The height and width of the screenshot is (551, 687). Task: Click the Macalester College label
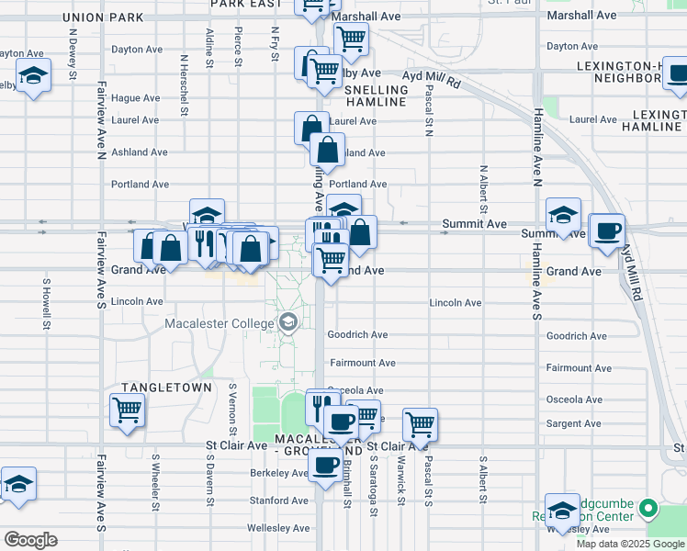click(x=219, y=323)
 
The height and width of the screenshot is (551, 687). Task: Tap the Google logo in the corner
click(x=30, y=540)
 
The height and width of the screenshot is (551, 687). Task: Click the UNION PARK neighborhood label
click(x=104, y=17)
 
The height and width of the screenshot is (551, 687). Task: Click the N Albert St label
click(x=482, y=186)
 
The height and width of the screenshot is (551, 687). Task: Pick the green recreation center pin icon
click(x=648, y=508)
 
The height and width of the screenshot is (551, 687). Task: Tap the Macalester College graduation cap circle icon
click(x=288, y=321)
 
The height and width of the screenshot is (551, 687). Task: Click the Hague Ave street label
click(x=136, y=98)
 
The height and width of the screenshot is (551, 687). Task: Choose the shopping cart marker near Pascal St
click(x=420, y=424)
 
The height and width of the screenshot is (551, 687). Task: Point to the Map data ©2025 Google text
click(x=629, y=544)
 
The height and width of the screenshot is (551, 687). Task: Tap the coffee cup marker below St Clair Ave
click(x=324, y=465)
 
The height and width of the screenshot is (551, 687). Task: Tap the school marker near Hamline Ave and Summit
click(x=563, y=216)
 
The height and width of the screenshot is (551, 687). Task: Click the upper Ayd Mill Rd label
click(x=432, y=81)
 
